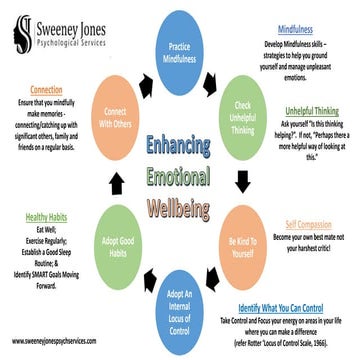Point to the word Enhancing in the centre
coord(180,145)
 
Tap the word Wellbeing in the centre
coord(180,211)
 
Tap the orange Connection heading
coord(46,89)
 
